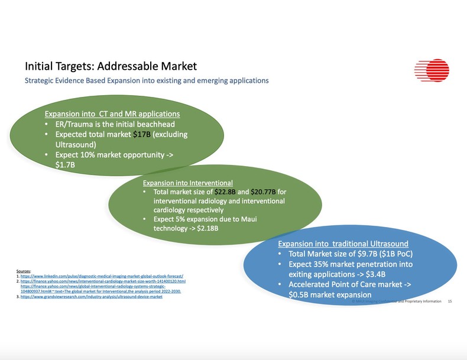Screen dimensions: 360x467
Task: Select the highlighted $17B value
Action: point(142,134)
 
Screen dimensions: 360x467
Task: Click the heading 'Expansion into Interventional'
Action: point(188,183)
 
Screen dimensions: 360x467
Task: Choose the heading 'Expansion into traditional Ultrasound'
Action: point(343,244)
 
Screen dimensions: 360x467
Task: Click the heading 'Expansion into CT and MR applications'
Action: point(112,113)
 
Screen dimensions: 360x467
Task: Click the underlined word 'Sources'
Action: point(24,271)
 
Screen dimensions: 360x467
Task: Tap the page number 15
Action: point(450,301)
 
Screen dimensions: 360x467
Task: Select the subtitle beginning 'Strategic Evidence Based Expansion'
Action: point(147,80)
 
